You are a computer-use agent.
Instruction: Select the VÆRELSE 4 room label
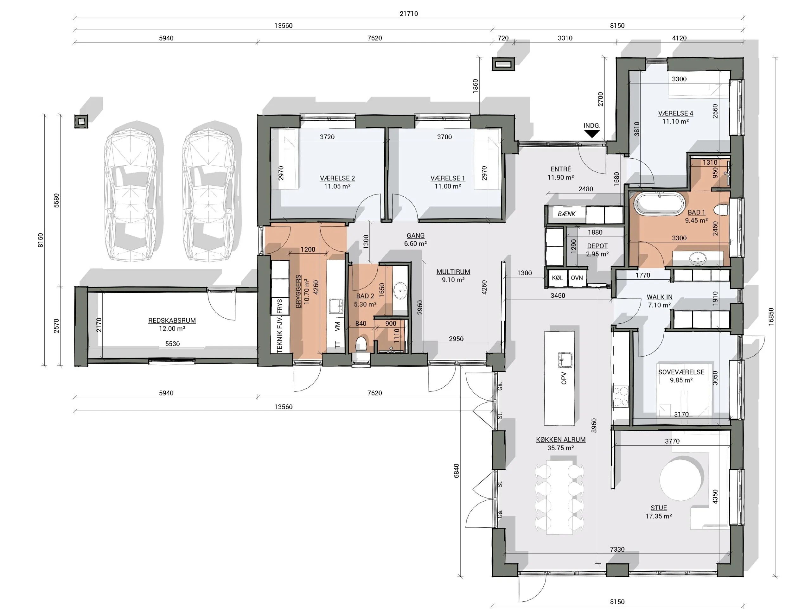[676, 113]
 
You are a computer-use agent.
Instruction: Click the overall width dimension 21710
[409, 14]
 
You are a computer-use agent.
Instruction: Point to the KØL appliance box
[557, 278]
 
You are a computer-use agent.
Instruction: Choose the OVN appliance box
[577, 278]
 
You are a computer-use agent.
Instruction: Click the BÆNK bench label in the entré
[566, 214]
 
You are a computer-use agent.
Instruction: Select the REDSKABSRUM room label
[172, 320]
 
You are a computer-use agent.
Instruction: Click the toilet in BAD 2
[361, 344]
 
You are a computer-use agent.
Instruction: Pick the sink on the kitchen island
[565, 359]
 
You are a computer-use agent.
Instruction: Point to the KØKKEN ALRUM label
[561, 440]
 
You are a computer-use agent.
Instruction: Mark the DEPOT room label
[597, 246]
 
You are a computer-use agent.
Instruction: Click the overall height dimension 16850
[771, 316]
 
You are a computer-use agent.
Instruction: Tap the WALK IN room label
[659, 297]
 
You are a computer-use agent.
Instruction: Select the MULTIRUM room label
[453, 271]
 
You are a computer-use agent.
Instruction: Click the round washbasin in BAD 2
[400, 291]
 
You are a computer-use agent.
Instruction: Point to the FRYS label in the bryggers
[280, 306]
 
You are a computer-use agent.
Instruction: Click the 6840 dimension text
[456, 471]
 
